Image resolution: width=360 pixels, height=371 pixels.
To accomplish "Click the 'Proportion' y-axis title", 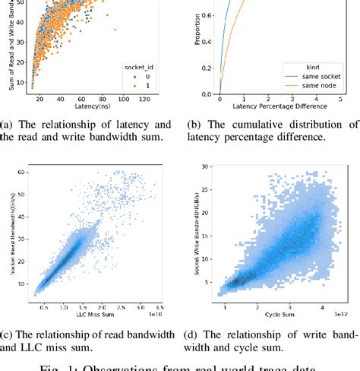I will click(196, 38).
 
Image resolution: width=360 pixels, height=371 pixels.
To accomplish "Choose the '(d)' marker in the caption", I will click(192, 335).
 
